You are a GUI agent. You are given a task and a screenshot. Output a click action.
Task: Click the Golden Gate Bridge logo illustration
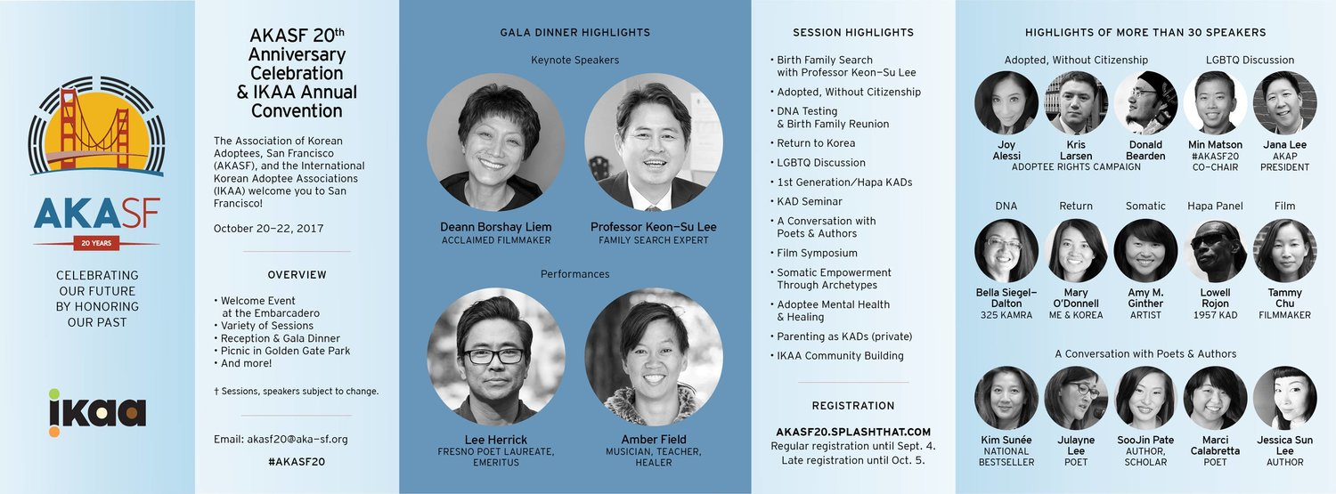96,126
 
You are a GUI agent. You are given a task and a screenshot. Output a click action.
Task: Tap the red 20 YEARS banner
96,243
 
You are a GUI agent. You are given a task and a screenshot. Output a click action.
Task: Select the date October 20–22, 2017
268,228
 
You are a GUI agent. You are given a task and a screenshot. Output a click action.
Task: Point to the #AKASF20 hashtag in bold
297,462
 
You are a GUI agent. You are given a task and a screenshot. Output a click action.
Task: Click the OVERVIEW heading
297,275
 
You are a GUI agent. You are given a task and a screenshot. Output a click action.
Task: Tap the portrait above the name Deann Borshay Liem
496,142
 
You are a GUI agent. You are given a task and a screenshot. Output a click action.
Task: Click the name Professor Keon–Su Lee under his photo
654,227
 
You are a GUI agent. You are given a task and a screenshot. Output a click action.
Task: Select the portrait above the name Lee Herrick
496,357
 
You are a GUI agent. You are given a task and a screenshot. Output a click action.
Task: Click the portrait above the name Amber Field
654,357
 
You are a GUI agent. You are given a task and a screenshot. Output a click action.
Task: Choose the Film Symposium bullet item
817,254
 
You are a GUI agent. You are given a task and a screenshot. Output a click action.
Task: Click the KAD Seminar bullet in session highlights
810,201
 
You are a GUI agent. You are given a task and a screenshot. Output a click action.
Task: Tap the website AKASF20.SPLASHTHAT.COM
853,432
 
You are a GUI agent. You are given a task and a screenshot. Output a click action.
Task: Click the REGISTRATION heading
853,406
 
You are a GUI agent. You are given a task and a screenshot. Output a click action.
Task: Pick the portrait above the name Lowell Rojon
1215,251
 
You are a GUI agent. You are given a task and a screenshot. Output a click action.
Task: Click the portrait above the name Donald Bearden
1145,103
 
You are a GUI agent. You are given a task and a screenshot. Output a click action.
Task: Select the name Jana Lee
1284,145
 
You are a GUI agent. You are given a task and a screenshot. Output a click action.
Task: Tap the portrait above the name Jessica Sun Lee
1284,398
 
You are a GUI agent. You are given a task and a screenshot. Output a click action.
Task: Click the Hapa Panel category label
1215,207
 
